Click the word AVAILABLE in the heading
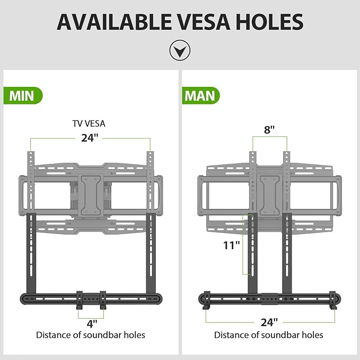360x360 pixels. click(115, 22)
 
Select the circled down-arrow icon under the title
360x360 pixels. click(180, 50)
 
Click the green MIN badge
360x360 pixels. click(23, 95)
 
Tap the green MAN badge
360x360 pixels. click(201, 95)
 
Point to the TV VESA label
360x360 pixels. click(89, 124)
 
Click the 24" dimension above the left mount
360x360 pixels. click(90, 138)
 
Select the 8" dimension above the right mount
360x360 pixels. click(269, 130)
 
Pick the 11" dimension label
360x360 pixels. click(231, 245)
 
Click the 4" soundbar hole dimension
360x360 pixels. click(92, 324)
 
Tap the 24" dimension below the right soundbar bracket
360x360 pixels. click(269, 322)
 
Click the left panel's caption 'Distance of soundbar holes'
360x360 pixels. click(91, 335)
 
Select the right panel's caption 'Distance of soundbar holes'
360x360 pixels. click(269, 335)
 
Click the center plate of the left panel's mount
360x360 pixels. click(91, 196)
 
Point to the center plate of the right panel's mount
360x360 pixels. click(269, 196)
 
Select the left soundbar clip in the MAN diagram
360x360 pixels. click(206, 300)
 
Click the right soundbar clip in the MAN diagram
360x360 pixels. click(332, 300)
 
